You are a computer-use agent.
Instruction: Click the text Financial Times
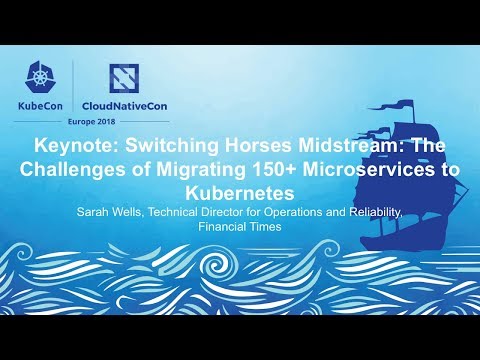[x=240, y=226]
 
